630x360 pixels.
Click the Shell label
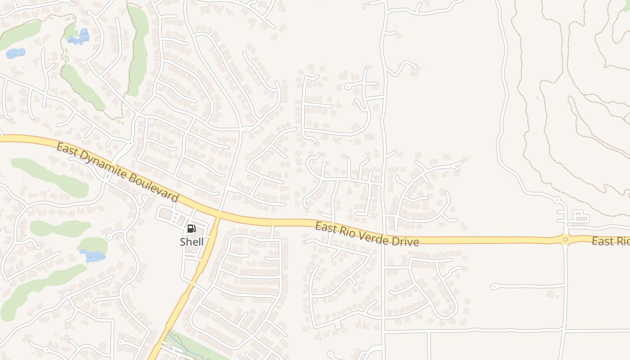coord(192,242)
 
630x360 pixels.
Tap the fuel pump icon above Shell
coord(191,229)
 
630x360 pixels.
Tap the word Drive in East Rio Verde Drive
coord(405,241)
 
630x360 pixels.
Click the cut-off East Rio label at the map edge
coord(610,242)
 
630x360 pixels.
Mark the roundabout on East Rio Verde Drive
coord(565,239)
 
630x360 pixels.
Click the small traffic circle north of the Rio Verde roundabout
coord(557,200)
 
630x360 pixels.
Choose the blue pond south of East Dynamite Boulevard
coord(93,256)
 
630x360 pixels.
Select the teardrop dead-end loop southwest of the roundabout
coord(494,286)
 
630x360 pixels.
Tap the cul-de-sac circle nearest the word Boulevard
coord(145,198)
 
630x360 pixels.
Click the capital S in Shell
coord(183,242)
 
